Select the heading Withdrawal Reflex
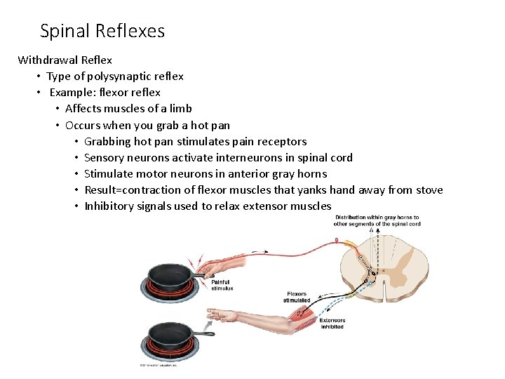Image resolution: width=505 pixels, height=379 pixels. click(65, 60)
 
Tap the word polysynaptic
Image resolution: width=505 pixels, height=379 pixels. click(114, 76)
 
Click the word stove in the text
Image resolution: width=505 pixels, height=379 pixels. click(427, 189)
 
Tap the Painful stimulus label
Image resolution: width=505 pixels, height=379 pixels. click(222, 285)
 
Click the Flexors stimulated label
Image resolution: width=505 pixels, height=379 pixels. click(297, 297)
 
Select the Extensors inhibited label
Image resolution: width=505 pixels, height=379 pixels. click(332, 324)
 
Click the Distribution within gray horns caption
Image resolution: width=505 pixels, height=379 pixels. click(377, 221)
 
